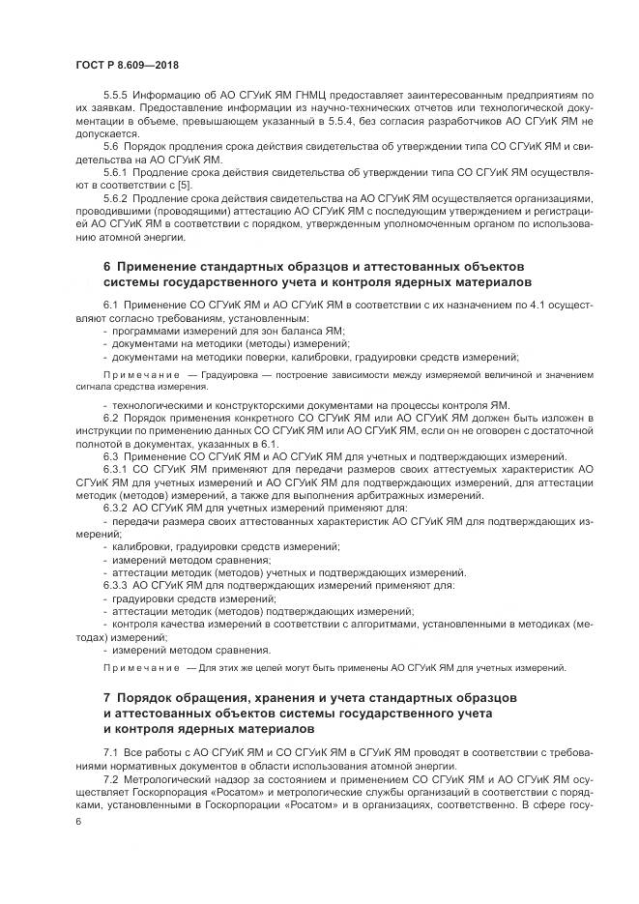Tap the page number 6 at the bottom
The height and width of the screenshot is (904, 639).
pos(79,820)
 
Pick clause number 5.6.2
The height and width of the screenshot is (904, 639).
pos(118,197)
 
